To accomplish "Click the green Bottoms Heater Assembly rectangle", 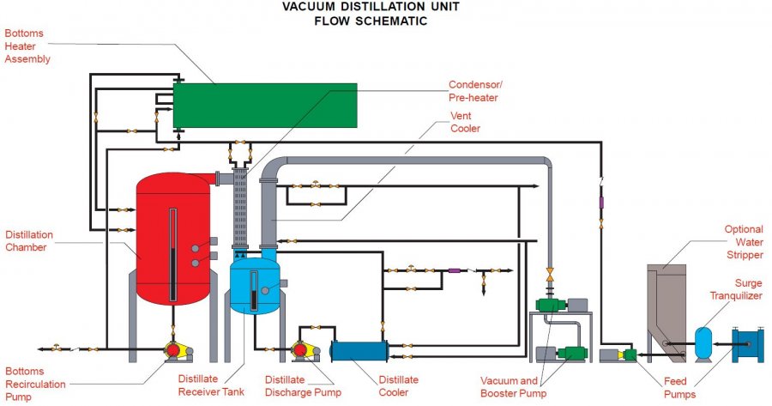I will (x=265, y=105).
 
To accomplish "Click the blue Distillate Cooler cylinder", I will (x=358, y=351).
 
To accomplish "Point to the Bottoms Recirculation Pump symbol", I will (x=174, y=350).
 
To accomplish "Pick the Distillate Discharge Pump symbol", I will (x=302, y=350).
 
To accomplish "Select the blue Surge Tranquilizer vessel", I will (x=703, y=340).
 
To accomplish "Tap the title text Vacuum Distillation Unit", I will (x=355, y=7).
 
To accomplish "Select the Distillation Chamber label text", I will (x=29, y=240).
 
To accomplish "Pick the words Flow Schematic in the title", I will (x=355, y=21).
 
